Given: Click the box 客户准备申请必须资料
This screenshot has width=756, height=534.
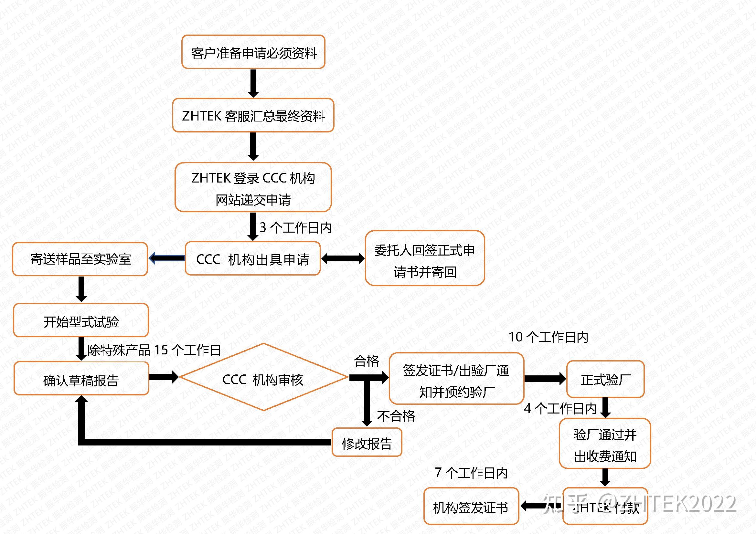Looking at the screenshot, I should [253, 52].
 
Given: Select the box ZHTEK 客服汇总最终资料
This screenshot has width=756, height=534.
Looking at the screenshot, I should [253, 115].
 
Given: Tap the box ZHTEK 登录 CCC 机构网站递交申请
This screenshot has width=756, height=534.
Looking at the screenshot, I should [253, 187].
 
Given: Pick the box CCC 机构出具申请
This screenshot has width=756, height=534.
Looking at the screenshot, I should [252, 259].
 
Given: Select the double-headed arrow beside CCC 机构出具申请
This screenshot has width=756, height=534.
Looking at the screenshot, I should [342, 259].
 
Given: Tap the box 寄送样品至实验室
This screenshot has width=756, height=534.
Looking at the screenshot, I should [80, 259].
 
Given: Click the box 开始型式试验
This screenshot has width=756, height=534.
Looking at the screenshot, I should [81, 320].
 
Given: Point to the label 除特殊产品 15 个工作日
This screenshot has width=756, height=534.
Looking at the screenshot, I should [154, 350].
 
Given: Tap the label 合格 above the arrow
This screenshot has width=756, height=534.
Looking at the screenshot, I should [366, 361].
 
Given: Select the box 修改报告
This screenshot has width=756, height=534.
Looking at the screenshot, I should [367, 443].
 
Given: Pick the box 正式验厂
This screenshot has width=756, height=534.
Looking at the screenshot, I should [605, 379].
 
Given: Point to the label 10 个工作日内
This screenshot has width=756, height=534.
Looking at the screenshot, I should [548, 337].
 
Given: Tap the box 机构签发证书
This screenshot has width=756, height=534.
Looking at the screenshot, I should [471, 506].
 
